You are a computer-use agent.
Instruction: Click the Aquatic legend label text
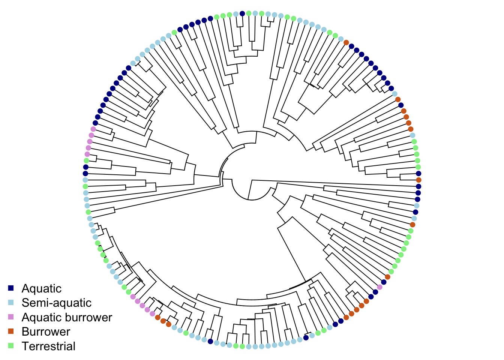point(41,288)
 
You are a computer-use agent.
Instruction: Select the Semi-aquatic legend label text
point(56,303)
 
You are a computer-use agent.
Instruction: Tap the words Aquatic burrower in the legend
point(67,317)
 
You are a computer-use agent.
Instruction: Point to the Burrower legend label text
point(46,331)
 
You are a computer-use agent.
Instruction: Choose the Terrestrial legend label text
point(48,346)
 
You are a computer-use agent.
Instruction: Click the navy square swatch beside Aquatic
point(11,288)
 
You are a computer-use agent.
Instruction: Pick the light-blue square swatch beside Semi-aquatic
point(11,303)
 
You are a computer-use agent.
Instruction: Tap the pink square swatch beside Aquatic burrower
point(11,317)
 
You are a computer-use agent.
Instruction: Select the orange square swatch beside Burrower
point(11,331)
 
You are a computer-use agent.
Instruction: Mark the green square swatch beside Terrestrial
point(11,346)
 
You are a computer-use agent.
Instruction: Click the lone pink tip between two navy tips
point(379,287)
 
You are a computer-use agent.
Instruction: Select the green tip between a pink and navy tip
point(86,160)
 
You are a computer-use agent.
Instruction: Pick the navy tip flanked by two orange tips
point(400,105)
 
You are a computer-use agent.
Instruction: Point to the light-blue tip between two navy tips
point(417,206)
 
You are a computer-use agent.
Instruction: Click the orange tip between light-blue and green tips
point(412,225)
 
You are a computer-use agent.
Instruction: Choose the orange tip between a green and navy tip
point(387,277)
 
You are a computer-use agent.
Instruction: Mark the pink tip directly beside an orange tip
point(152,313)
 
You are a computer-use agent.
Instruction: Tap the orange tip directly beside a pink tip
point(157,317)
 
